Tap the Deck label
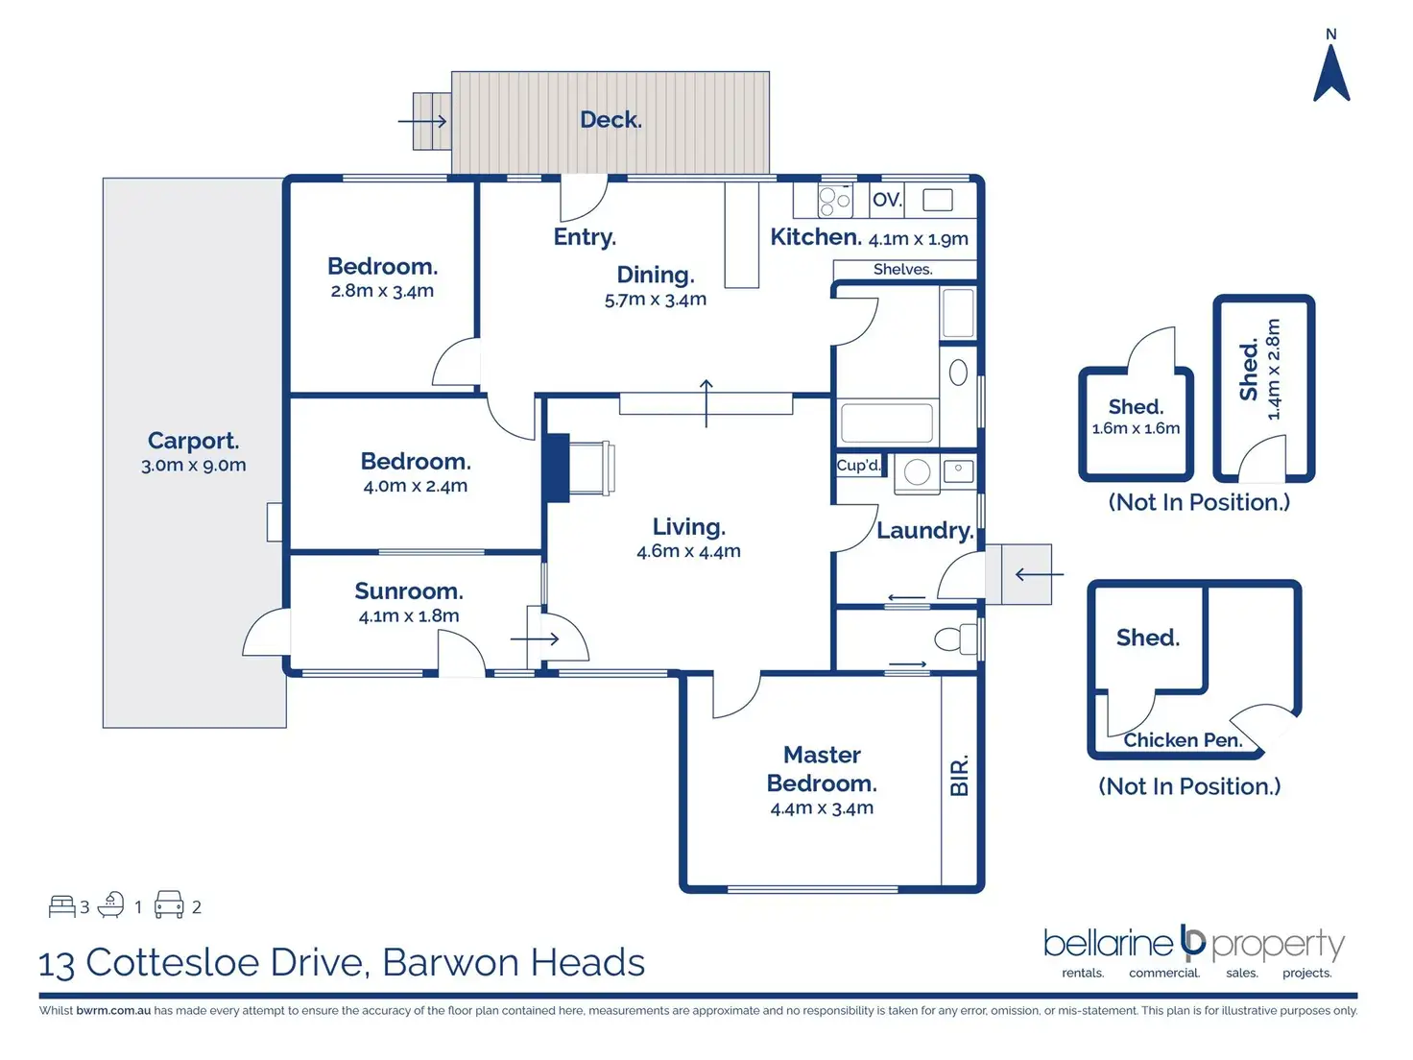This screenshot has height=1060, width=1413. (611, 120)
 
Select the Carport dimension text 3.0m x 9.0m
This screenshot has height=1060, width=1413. (194, 466)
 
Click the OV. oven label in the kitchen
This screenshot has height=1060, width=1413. (887, 200)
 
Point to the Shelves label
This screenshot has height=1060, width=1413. (902, 270)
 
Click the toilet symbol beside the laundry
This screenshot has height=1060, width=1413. (954, 638)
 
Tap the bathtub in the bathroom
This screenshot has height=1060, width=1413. (887, 422)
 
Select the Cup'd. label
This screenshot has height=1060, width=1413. (858, 466)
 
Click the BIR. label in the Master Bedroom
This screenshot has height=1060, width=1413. (959, 776)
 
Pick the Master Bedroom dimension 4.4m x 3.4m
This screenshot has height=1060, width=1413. (822, 808)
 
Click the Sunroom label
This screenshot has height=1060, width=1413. (409, 591)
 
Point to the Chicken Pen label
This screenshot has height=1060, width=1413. (1183, 740)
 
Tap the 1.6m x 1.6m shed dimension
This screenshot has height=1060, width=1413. (1136, 428)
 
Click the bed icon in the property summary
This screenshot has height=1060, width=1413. (62, 906)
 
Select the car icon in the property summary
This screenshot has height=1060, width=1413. (169, 905)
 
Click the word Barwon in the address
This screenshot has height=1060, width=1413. (451, 963)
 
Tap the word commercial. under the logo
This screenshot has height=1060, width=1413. (1164, 973)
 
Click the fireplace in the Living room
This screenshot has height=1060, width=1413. (557, 468)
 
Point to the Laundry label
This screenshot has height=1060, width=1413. (924, 531)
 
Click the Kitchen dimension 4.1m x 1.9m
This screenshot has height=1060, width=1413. (918, 239)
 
